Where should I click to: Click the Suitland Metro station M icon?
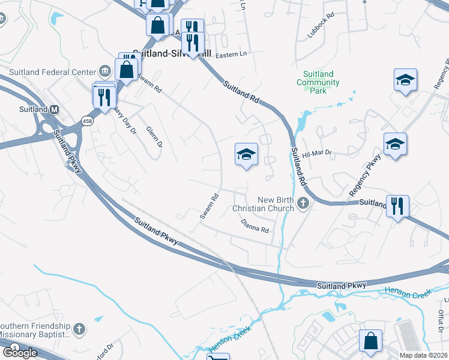click(x=55, y=110)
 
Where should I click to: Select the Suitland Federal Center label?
click(x=52, y=72)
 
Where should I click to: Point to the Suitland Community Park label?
click(x=318, y=82)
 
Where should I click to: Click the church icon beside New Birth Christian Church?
click(x=303, y=204)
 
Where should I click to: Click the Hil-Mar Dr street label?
click(x=317, y=154)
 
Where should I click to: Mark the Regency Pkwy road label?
click(x=365, y=174)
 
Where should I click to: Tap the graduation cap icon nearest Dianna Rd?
click(x=246, y=154)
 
